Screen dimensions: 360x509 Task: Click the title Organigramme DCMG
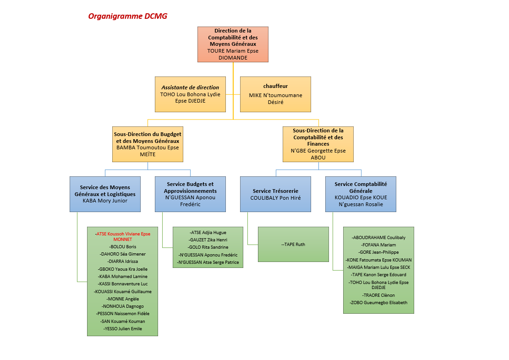click(127, 16)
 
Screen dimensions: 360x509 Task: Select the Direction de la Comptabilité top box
click(233, 44)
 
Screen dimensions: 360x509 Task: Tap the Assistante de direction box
click(190, 94)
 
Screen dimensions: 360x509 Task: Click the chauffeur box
click(275, 94)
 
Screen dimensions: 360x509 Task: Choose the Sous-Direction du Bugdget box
click(148, 144)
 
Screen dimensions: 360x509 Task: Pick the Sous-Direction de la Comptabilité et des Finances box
click(318, 144)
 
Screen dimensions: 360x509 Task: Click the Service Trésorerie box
click(275, 194)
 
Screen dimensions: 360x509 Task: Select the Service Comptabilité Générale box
click(361, 194)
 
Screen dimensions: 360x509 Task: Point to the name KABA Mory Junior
click(105, 201)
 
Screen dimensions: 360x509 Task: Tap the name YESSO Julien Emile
click(123, 328)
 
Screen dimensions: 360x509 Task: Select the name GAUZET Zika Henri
click(208, 240)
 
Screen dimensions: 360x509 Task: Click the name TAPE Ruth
click(293, 245)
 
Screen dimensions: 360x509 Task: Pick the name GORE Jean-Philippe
click(378, 252)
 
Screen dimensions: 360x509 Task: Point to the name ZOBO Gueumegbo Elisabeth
click(378, 303)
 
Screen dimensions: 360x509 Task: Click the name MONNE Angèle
click(123, 299)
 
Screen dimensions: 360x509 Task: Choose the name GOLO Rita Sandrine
click(208, 247)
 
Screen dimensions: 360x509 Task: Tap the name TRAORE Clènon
click(378, 295)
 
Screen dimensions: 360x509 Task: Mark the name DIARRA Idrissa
click(123, 262)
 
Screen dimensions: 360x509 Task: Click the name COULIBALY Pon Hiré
click(275, 198)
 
